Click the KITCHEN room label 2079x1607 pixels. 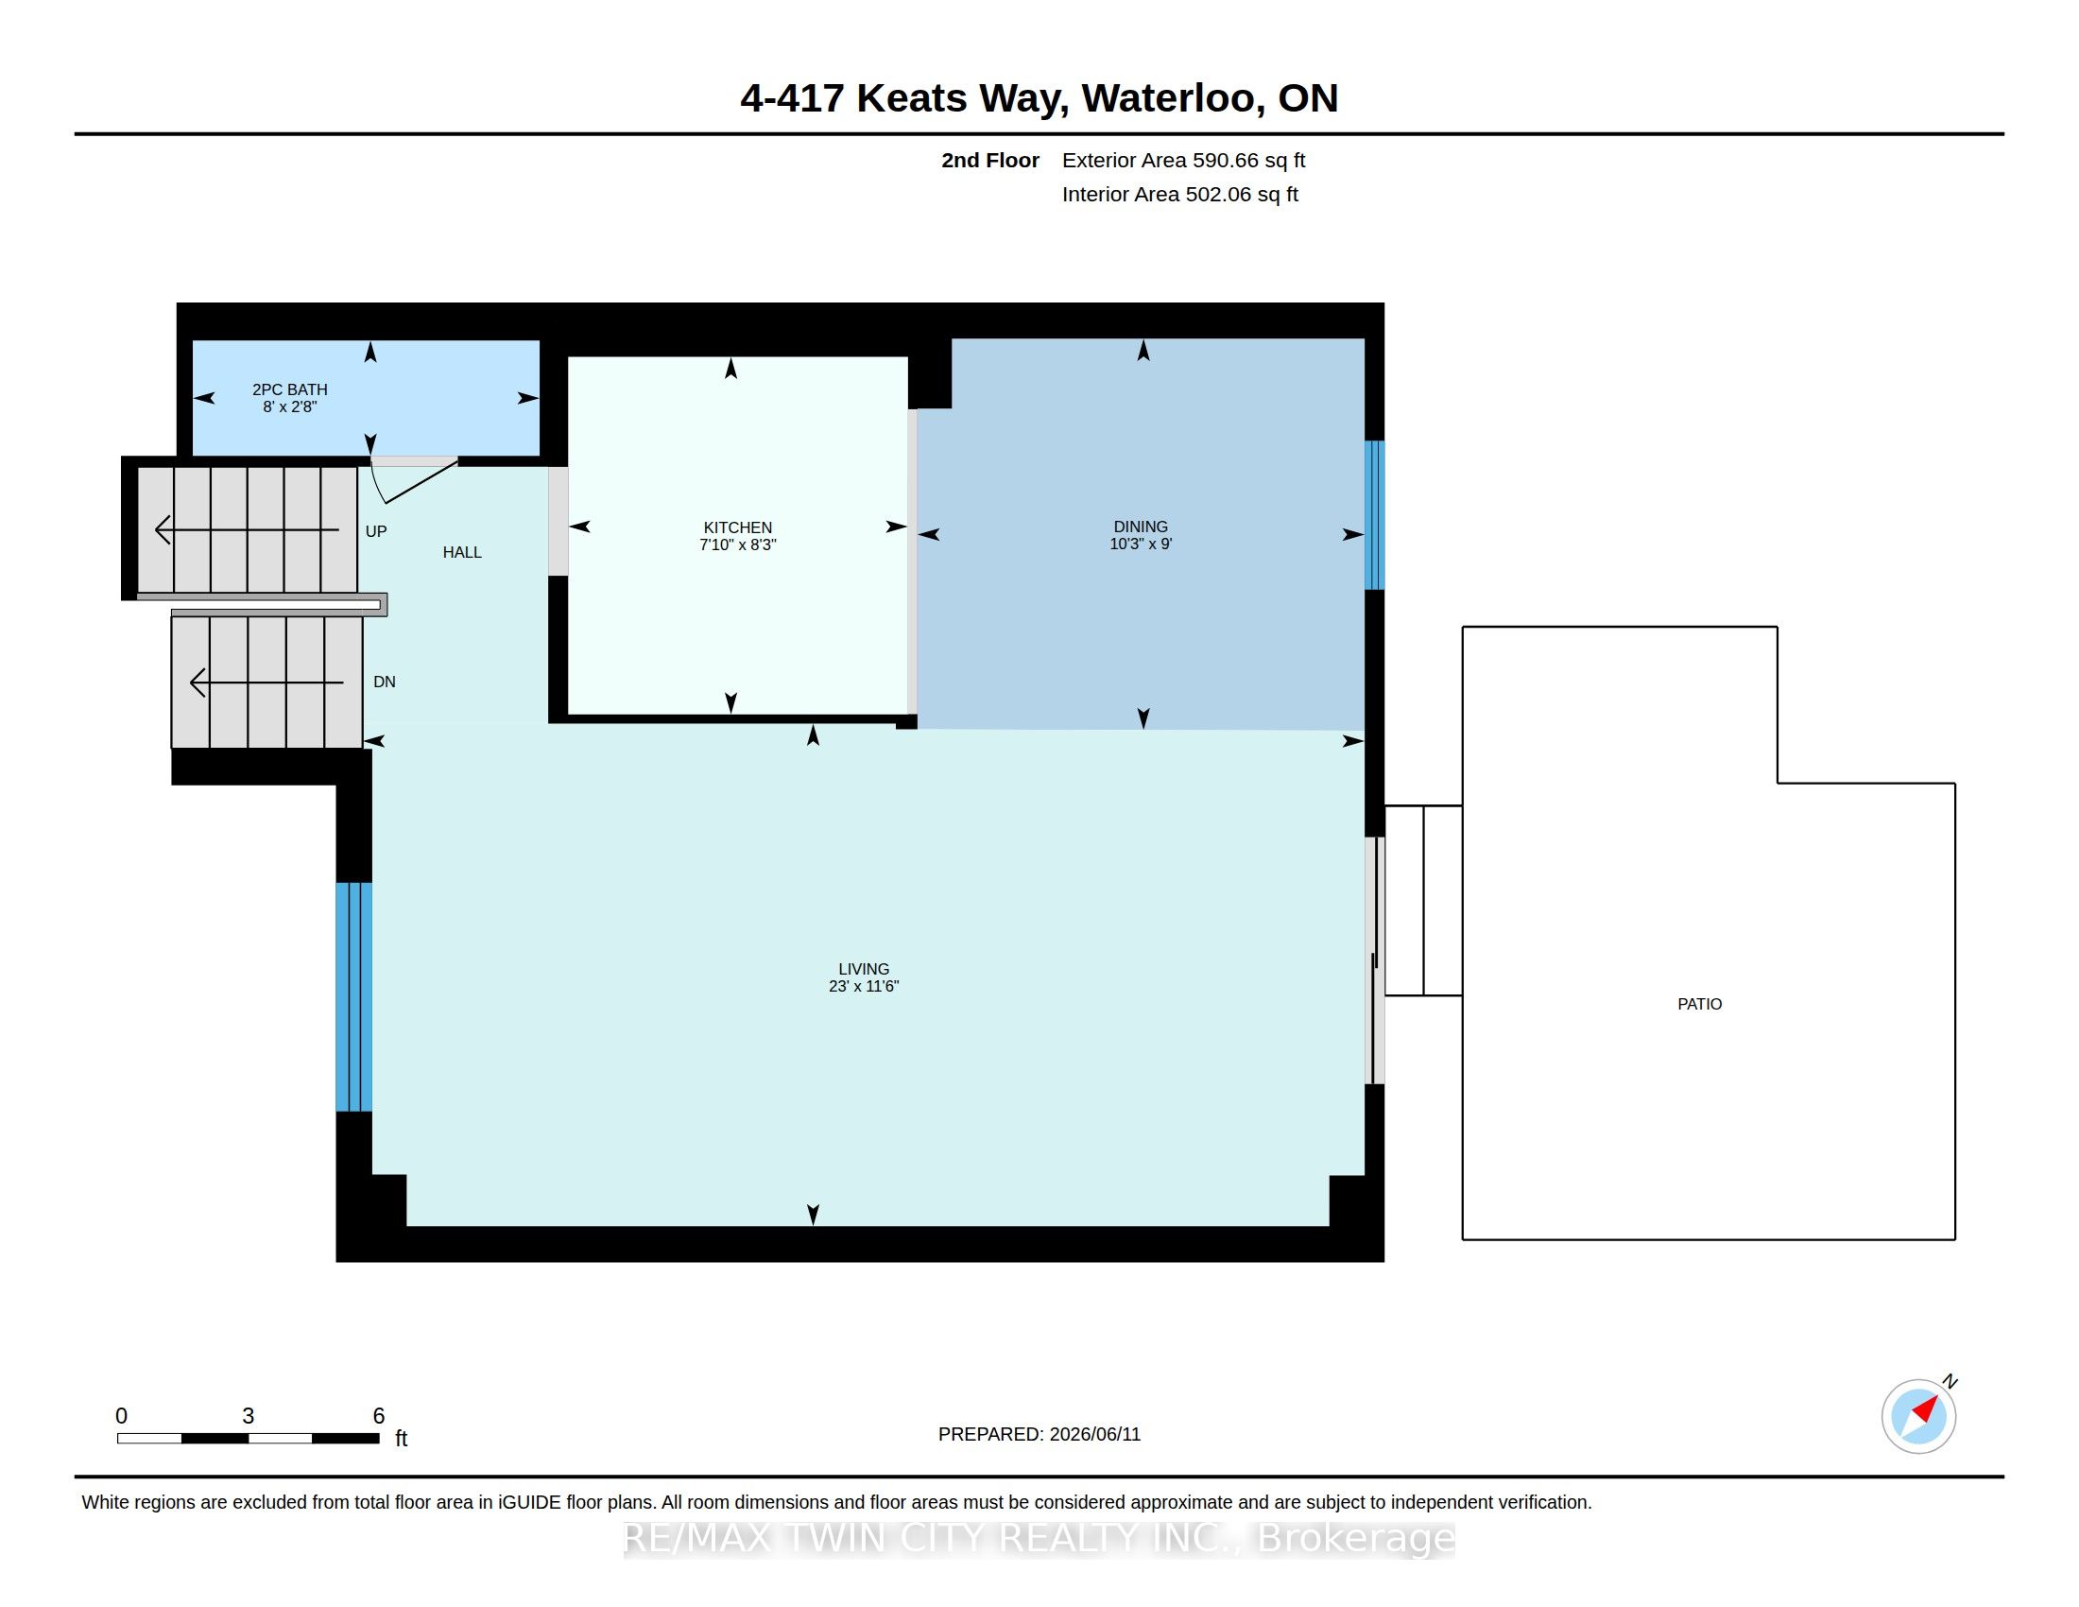(x=738, y=527)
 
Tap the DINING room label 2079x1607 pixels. (x=1141, y=527)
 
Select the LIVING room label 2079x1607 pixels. (x=864, y=969)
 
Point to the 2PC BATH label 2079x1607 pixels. (x=289, y=389)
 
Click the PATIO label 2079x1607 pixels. (x=1699, y=1004)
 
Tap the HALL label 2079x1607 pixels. (x=462, y=552)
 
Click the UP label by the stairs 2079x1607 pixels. (x=376, y=531)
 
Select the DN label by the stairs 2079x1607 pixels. (x=385, y=682)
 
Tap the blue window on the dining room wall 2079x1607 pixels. (x=1375, y=515)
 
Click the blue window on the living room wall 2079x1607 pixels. (x=354, y=996)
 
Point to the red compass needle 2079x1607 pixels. (x=1926, y=1408)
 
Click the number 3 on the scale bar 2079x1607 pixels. (x=249, y=1416)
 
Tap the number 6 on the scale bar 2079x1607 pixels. (x=379, y=1416)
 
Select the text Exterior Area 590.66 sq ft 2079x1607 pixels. (x=1183, y=161)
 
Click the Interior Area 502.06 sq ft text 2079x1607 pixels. (x=1179, y=194)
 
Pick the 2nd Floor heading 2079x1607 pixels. (x=990, y=161)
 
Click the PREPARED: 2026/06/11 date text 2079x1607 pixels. (x=1039, y=1434)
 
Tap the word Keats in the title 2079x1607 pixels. (x=911, y=98)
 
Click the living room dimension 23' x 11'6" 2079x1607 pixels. (x=864, y=986)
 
